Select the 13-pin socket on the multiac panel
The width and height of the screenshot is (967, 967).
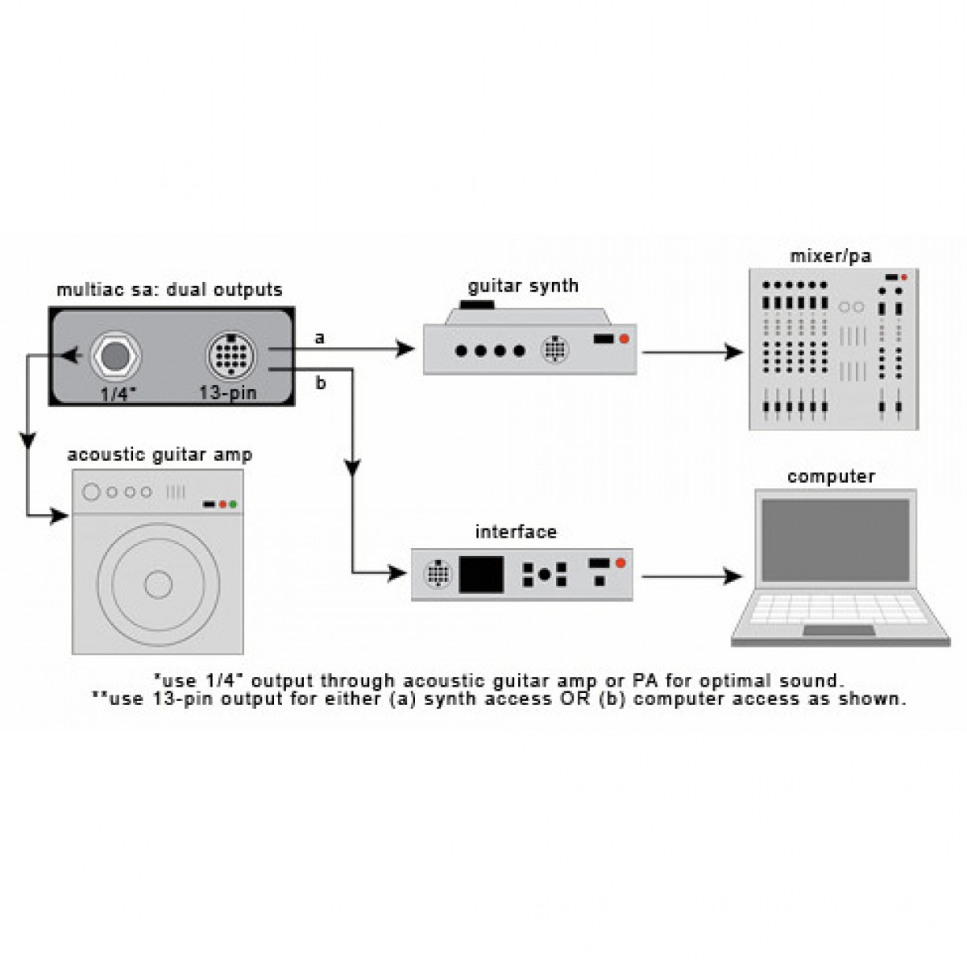click(230, 355)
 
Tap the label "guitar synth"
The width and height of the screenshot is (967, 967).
click(523, 285)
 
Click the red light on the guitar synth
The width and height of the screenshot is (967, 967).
click(623, 339)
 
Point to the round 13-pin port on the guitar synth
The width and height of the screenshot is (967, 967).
click(554, 350)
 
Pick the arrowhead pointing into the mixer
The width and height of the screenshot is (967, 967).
click(733, 351)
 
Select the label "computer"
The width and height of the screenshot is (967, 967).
click(831, 476)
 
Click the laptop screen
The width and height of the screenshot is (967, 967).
click(836, 537)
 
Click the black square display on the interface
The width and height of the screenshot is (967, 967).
click(481, 574)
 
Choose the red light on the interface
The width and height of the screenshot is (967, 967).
click(620, 562)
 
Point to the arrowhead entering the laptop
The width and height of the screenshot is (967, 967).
click(733, 576)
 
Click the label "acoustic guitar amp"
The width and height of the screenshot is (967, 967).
click(160, 454)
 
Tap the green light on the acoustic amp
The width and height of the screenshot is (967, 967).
click(233, 504)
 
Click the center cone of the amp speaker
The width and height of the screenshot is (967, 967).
click(158, 583)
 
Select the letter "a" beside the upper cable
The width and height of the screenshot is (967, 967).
click(320, 338)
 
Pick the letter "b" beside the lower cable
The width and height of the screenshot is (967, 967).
click(321, 384)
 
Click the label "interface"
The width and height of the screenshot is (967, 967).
click(516, 532)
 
